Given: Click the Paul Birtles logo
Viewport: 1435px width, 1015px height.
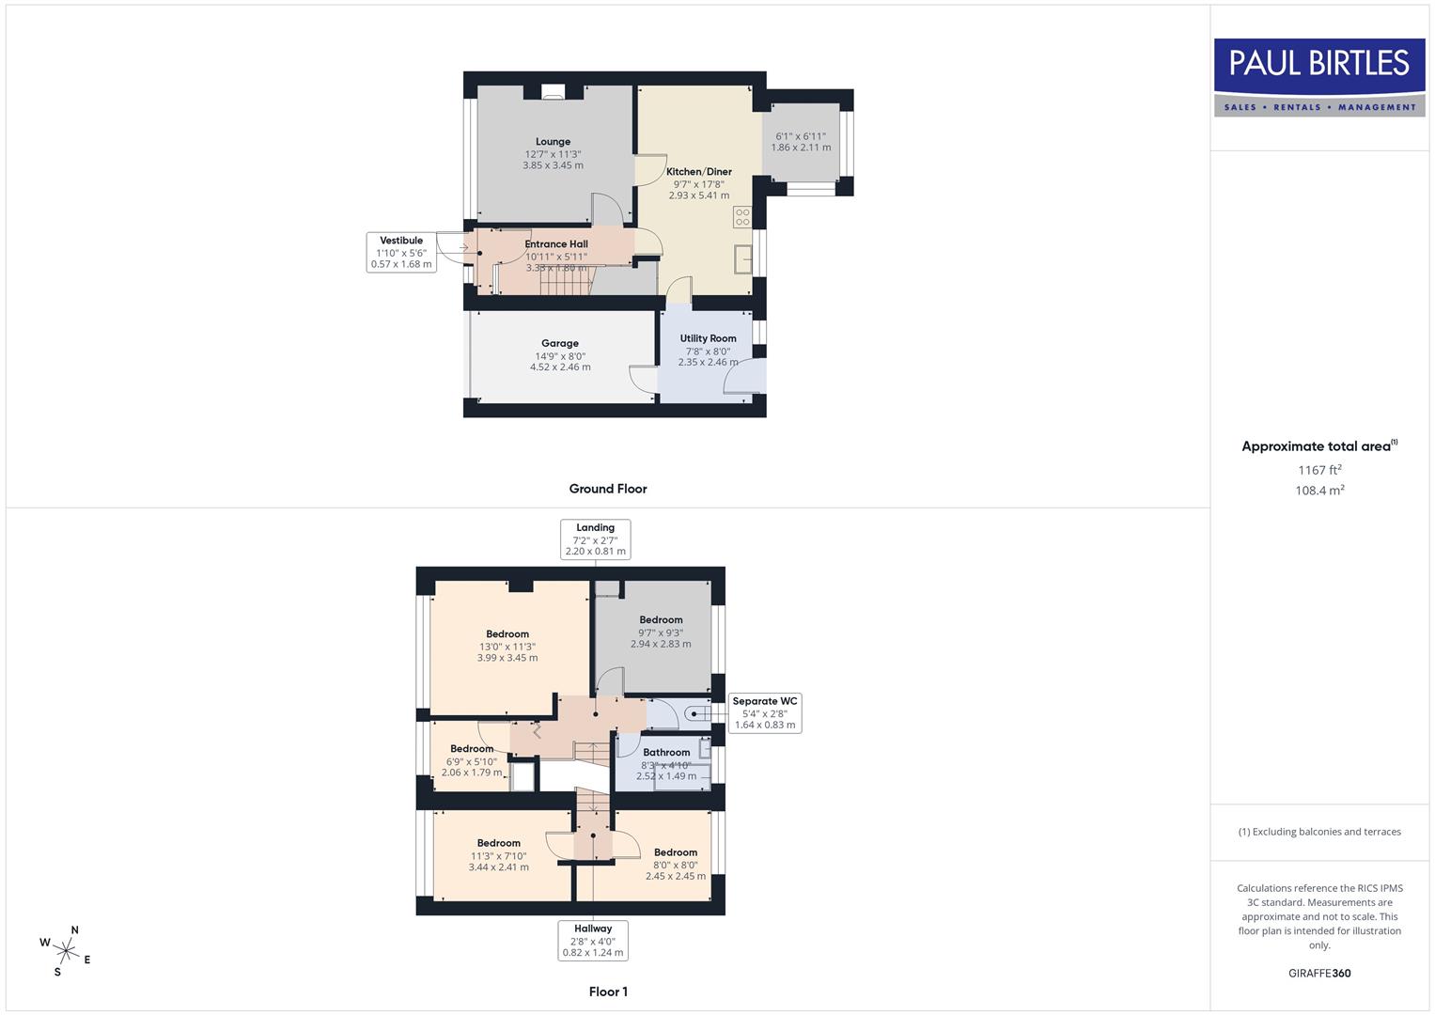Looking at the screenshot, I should click(x=1319, y=77).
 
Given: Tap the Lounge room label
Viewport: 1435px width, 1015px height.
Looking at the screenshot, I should click(x=553, y=142).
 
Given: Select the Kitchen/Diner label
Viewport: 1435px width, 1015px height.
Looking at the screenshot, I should click(x=699, y=172).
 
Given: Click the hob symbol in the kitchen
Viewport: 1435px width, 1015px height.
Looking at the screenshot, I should click(x=742, y=217).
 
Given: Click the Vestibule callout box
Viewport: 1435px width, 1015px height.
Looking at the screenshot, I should click(x=401, y=253).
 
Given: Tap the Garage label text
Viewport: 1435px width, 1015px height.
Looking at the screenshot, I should click(x=560, y=344).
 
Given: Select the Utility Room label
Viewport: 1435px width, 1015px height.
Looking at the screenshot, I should click(x=709, y=338).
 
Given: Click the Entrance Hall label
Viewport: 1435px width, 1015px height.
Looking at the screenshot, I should click(x=556, y=244).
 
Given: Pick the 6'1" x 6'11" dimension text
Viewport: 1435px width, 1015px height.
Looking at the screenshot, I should click(x=801, y=136).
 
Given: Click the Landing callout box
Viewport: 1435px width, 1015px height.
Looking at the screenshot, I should click(x=596, y=539).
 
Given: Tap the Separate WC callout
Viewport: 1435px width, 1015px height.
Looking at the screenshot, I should click(x=765, y=713).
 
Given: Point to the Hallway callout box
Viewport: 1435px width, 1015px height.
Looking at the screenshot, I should click(x=593, y=940).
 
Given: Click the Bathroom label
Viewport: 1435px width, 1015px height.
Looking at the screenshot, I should click(x=666, y=753).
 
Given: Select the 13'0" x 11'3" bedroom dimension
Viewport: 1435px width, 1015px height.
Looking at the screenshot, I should click(x=507, y=647).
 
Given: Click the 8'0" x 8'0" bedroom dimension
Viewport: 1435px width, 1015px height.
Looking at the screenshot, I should click(x=676, y=866).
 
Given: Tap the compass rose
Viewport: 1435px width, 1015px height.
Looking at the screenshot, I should click(x=65, y=950).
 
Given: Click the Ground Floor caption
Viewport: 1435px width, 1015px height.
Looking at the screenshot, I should click(x=608, y=489).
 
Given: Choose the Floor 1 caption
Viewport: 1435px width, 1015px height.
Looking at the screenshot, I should click(x=608, y=992).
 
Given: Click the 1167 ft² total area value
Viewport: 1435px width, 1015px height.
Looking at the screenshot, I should click(x=1319, y=470).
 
